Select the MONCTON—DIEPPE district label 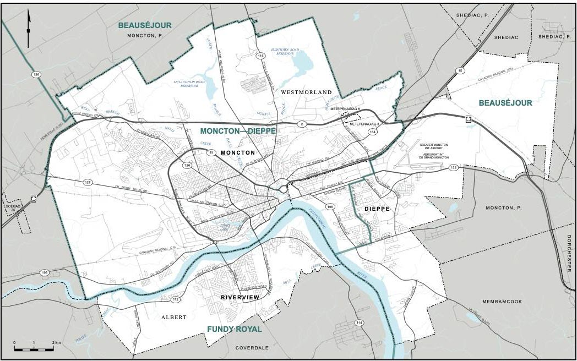(x=237, y=131)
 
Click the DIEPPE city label (x=377, y=209)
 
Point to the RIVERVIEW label (x=239, y=297)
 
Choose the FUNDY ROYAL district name (x=234, y=329)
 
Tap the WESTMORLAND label (x=306, y=92)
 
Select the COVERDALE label (x=252, y=348)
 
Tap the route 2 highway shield (x=301, y=124)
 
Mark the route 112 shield (x=176, y=300)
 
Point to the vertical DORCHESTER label (x=569, y=253)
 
